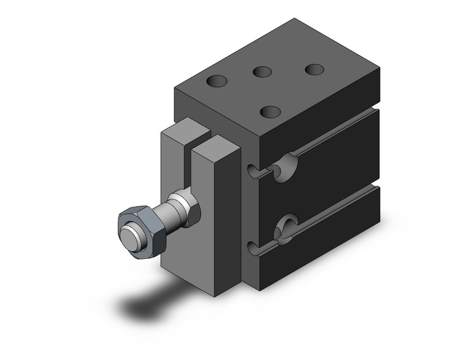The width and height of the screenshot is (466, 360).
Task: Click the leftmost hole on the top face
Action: tap(216, 80)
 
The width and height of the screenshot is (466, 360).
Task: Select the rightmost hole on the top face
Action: tap(315, 69)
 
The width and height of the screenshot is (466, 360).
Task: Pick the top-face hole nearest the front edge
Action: tap(270, 112)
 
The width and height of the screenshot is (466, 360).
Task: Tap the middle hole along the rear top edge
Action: tap(262, 72)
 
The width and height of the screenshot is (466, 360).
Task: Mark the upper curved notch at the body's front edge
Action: tap(253, 170)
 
